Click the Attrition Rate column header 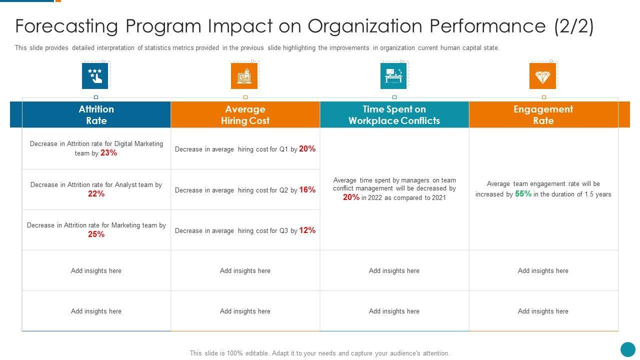tap(96, 114)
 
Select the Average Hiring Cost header tap(245, 114)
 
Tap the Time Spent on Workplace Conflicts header tap(394, 114)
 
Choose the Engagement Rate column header tap(543, 114)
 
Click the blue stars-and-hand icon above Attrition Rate tap(95, 76)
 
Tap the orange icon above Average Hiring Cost tap(244, 76)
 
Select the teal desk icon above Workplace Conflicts tap(393, 76)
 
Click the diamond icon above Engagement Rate tap(542, 76)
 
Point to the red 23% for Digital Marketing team tap(108, 153)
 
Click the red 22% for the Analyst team tap(96, 194)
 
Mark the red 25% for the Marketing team tap(96, 234)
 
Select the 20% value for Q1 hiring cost tap(307, 148)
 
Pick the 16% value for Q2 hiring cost tap(307, 189)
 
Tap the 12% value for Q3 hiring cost tap(307, 230)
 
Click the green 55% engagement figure tap(523, 193)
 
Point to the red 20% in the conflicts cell tap(351, 197)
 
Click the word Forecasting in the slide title tap(66, 26)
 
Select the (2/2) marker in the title tap(574, 26)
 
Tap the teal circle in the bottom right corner tap(627, 349)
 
